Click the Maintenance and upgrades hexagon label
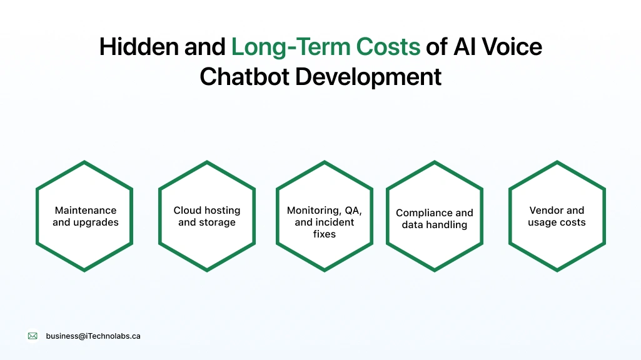pyautogui.click(x=85, y=216)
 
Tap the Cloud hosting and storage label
pyautogui.click(x=207, y=216)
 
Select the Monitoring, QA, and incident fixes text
pyautogui.click(x=325, y=222)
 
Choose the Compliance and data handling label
pyautogui.click(x=435, y=219)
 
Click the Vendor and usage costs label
pyautogui.click(x=557, y=216)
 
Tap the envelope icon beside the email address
pyautogui.click(x=33, y=336)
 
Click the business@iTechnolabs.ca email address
pyautogui.click(x=93, y=336)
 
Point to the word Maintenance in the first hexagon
pyautogui.click(x=85, y=211)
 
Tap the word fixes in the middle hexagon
pyautogui.click(x=325, y=234)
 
